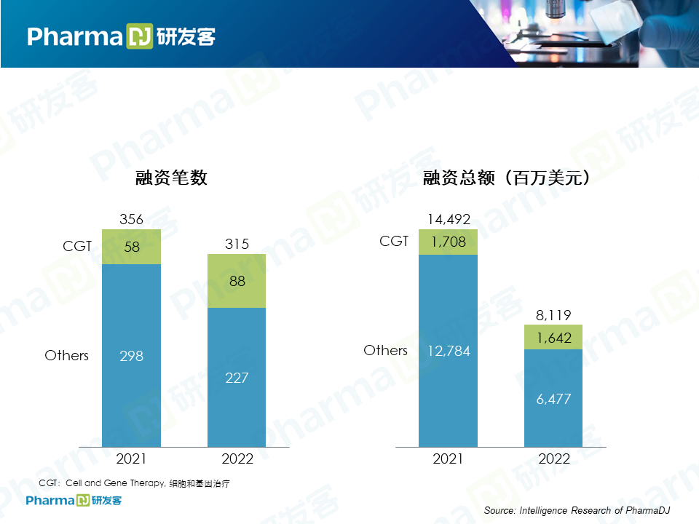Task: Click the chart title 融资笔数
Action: click(x=172, y=178)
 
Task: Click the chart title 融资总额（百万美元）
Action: click(x=506, y=178)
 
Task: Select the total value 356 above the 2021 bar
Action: click(x=131, y=219)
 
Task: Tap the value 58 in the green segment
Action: click(x=132, y=247)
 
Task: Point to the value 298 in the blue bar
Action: click(x=132, y=356)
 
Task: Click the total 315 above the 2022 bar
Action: click(x=237, y=244)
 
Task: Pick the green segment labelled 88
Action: click(x=237, y=280)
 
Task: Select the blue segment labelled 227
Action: click(x=237, y=378)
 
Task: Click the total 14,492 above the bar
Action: click(x=448, y=219)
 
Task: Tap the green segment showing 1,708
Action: click(x=448, y=242)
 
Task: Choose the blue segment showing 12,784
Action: click(x=448, y=351)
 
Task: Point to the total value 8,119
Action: click(x=554, y=315)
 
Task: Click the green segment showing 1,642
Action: click(x=554, y=337)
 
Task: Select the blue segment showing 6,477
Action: click(x=554, y=399)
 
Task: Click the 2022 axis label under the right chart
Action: click(x=554, y=459)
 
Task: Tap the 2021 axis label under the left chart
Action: click(x=132, y=459)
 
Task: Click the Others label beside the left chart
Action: click(x=66, y=356)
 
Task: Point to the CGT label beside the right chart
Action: click(x=394, y=241)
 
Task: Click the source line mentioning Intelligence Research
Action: click(x=577, y=510)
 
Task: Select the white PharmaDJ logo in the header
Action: click(x=121, y=36)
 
